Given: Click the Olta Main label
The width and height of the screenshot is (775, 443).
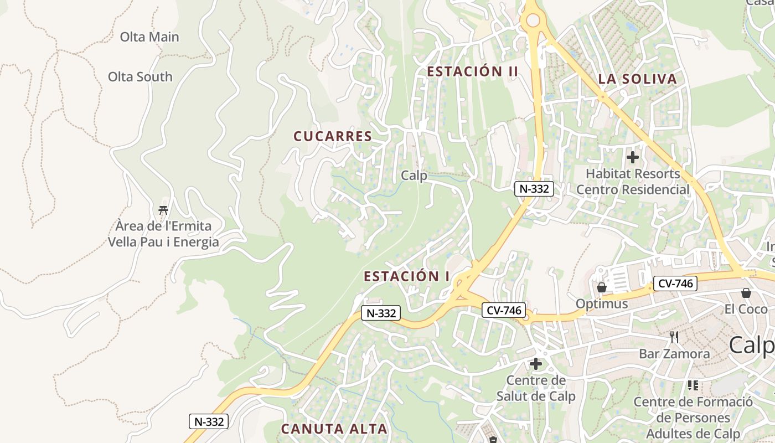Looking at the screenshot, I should pyautogui.click(x=149, y=37).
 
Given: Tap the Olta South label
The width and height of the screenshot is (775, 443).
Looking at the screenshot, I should pyautogui.click(x=140, y=76).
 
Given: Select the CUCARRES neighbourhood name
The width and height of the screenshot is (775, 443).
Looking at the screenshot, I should pyautogui.click(x=333, y=136).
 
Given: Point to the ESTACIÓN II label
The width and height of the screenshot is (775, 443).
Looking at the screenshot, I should pyautogui.click(x=473, y=71).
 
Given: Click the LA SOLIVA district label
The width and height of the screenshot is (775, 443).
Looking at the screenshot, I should pyautogui.click(x=638, y=79).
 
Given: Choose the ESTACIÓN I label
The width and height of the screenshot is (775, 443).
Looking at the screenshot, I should pyautogui.click(x=407, y=276).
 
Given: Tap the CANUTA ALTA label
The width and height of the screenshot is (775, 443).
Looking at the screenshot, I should pyautogui.click(x=334, y=429).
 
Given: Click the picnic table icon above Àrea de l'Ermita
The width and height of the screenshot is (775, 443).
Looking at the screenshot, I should pyautogui.click(x=163, y=210).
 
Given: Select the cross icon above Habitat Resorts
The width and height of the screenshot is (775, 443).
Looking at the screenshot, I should pyautogui.click(x=633, y=157).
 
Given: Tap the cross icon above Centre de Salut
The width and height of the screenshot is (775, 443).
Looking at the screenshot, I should pyautogui.click(x=536, y=364).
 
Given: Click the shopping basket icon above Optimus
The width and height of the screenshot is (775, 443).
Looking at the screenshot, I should pyautogui.click(x=602, y=287).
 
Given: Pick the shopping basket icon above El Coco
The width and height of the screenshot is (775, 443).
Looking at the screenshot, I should pyautogui.click(x=746, y=292).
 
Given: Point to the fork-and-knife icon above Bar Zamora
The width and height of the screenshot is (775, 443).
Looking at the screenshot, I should pyautogui.click(x=674, y=337).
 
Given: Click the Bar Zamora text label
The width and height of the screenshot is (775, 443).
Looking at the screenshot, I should pyautogui.click(x=674, y=353).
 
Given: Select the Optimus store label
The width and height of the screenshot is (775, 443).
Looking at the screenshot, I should pyautogui.click(x=602, y=303).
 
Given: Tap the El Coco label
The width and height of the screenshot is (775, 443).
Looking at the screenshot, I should pyautogui.click(x=746, y=309).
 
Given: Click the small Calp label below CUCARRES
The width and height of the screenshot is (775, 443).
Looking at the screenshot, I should pyautogui.click(x=414, y=176).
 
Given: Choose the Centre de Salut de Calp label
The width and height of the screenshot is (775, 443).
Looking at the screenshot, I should pyautogui.click(x=536, y=388).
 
